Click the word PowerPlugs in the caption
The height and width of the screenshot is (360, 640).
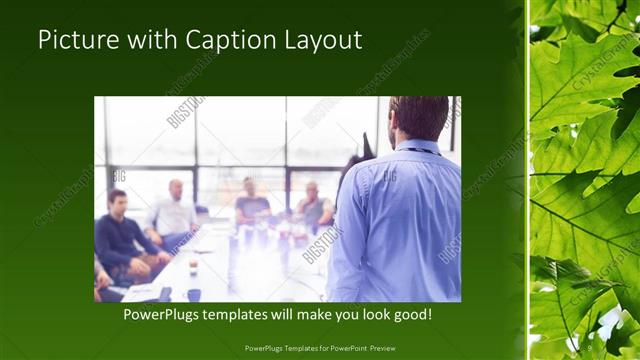(160, 315)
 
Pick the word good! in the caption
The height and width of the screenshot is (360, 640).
(411, 315)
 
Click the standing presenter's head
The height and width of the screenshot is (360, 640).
(418, 118)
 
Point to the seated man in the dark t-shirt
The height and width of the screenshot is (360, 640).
(251, 205)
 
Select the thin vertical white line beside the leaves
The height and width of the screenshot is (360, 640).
(527, 180)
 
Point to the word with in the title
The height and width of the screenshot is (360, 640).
(148, 41)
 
